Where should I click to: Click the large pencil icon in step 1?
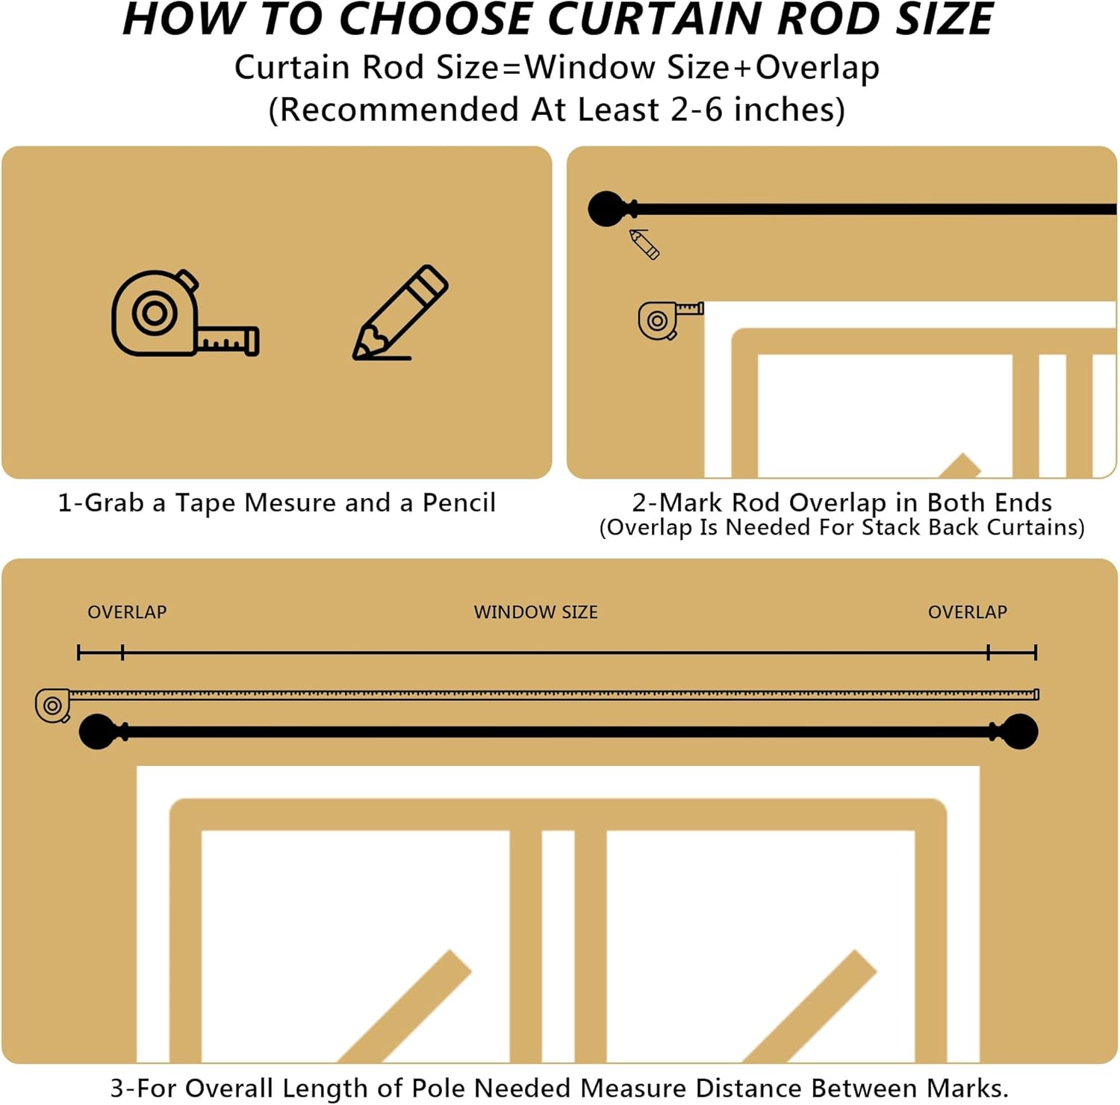pos(400,314)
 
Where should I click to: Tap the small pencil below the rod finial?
pos(644,244)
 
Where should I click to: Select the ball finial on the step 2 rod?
pos(608,209)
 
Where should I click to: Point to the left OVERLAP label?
pos(127,612)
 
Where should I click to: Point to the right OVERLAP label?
pos(967,612)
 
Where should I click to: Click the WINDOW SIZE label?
pos(535,612)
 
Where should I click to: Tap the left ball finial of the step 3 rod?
pos(99,732)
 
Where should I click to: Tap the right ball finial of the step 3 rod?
pos(1019,732)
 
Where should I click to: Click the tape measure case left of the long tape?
pos(53,706)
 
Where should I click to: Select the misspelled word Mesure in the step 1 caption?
pos(290,502)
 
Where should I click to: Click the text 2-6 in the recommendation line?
pos(697,110)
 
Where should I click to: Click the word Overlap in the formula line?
pos(817,67)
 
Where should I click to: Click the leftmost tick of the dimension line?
pos(78,653)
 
